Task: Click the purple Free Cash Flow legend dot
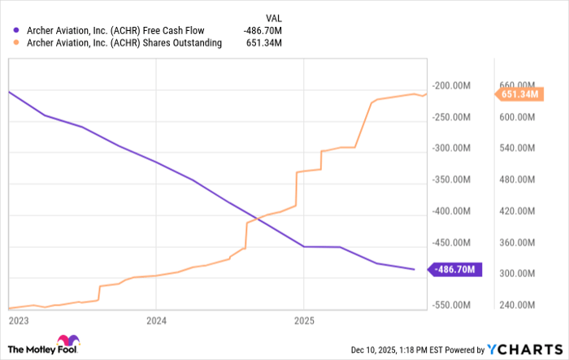(x=15, y=31)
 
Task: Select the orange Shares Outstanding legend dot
(x=15, y=43)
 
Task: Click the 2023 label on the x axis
(x=18, y=321)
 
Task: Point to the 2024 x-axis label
(x=156, y=321)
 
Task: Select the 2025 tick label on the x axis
(x=302, y=321)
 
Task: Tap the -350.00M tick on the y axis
(x=453, y=180)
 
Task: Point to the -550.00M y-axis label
(x=453, y=306)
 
